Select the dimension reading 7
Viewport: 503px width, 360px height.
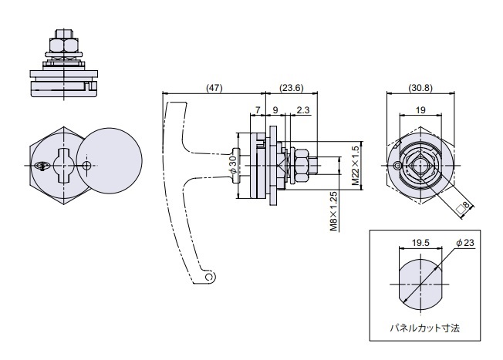[x=258, y=111]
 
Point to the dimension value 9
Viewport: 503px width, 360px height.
[x=275, y=111]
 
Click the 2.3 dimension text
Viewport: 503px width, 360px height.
[x=302, y=111]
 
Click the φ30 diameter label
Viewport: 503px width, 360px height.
[x=232, y=166]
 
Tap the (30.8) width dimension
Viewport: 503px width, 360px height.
[x=420, y=88]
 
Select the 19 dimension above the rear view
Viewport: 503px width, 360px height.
[x=420, y=110]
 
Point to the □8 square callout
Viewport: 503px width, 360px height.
[x=463, y=206]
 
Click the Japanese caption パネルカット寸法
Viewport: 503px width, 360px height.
[x=424, y=328]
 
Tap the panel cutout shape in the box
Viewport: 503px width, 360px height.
[x=420, y=283]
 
